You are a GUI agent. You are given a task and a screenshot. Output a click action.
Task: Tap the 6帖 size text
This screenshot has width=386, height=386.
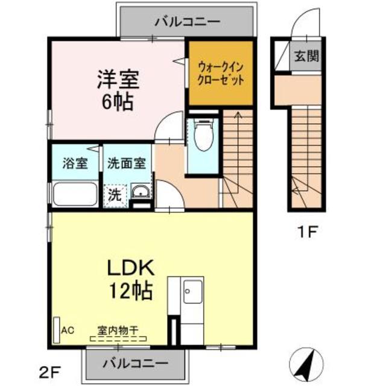click(117, 101)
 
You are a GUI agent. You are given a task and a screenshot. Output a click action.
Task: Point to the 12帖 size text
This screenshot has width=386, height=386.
click(130, 292)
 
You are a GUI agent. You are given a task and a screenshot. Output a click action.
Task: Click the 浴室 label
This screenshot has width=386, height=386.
click(75, 163)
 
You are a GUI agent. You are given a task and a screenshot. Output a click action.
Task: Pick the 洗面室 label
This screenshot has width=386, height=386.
click(126, 163)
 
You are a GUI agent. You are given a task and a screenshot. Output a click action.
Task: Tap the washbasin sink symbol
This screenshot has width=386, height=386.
click(141, 192)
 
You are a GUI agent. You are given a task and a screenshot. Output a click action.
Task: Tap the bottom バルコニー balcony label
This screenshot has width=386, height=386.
click(134, 363)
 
